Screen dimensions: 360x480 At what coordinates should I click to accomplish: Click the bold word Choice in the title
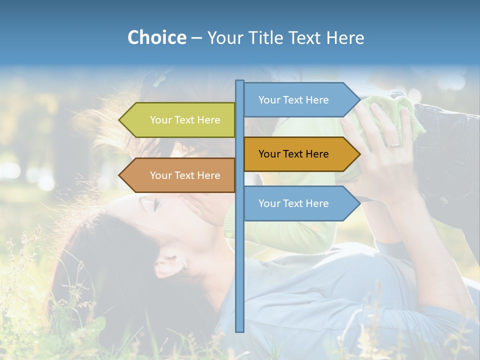pos(156,37)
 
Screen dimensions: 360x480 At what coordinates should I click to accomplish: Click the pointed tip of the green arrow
pos(120,120)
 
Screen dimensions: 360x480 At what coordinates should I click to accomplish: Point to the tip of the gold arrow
pos(359,154)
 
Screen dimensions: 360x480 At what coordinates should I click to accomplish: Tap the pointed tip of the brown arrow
pos(120,175)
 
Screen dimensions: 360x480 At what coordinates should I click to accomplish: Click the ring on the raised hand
pos(394,143)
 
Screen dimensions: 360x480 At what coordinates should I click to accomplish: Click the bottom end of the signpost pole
pos(240,330)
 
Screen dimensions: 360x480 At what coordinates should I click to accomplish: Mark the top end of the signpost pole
pos(240,81)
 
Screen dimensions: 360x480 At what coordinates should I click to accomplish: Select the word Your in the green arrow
pos(161,120)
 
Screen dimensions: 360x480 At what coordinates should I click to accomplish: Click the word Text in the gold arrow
pos(293,154)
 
